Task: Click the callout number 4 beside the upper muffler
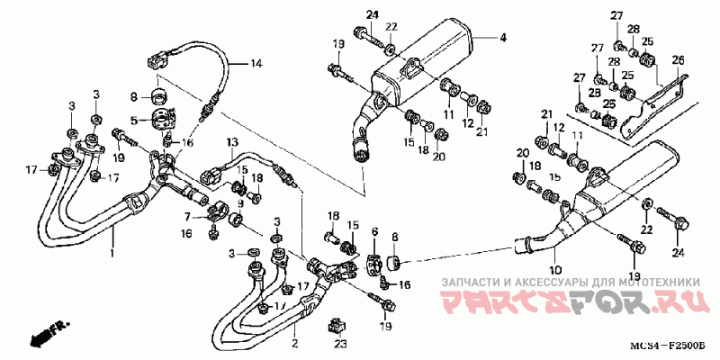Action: pos(503,38)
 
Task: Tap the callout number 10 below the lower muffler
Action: pos(555,270)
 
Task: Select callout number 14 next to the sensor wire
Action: pos(256,63)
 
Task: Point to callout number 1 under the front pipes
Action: pos(113,253)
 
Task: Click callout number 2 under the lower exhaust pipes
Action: pos(293,343)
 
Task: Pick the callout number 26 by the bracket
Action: pos(678,60)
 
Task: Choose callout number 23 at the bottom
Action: pos(340,343)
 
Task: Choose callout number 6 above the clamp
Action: pos(375,232)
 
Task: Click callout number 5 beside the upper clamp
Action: pos(133,120)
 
